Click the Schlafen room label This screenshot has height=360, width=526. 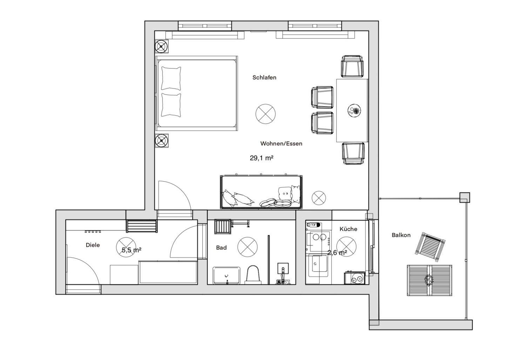(x=264, y=77)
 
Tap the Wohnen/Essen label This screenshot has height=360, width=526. (x=281, y=143)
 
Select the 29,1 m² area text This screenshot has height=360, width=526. (x=261, y=158)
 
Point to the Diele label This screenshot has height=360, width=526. (x=93, y=245)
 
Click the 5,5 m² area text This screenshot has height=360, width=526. (x=131, y=250)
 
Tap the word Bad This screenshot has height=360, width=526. (x=221, y=247)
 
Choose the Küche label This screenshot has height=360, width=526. (x=348, y=229)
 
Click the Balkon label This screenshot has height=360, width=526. (x=401, y=235)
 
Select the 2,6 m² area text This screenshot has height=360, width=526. (x=337, y=252)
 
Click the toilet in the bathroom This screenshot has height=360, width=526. (x=253, y=274)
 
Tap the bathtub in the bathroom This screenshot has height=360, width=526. (x=227, y=275)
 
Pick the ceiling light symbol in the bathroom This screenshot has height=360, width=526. (x=247, y=247)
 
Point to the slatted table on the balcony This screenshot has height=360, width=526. (x=430, y=280)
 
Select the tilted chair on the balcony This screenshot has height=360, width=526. (x=430, y=247)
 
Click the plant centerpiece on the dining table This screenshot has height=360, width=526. (x=354, y=110)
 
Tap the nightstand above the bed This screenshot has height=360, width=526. (x=162, y=46)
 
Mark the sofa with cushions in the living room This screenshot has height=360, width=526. (x=261, y=192)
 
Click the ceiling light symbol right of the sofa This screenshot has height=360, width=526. (x=319, y=198)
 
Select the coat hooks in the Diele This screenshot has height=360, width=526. (x=93, y=232)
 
